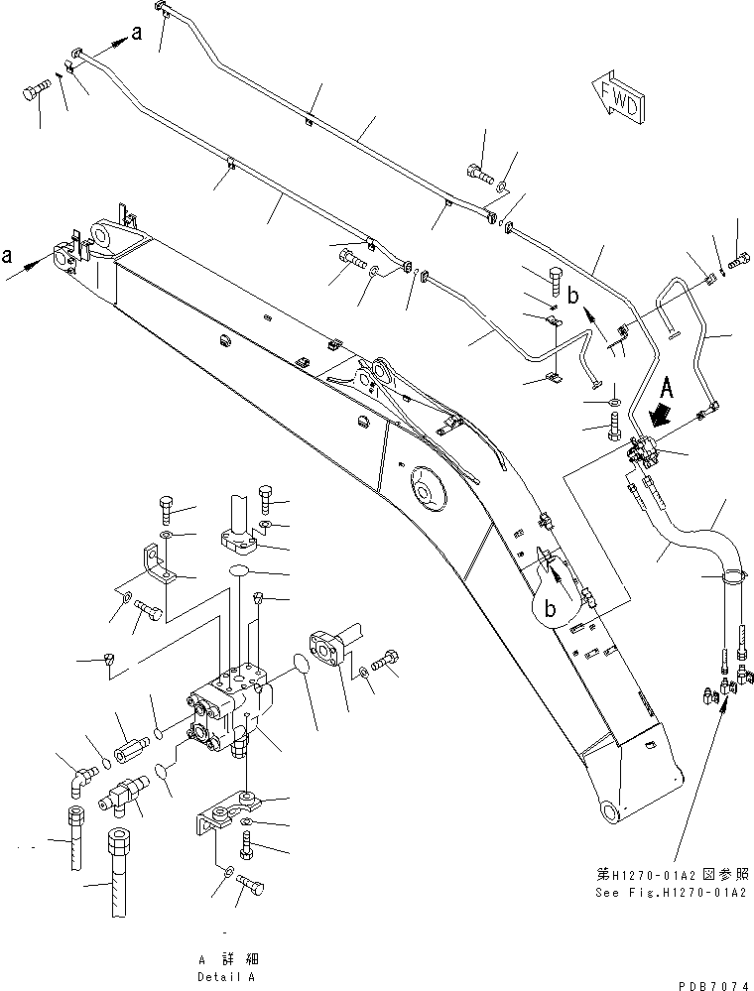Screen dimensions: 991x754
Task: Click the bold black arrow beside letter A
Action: point(659,413)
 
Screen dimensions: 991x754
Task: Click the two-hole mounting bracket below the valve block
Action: point(238,807)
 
